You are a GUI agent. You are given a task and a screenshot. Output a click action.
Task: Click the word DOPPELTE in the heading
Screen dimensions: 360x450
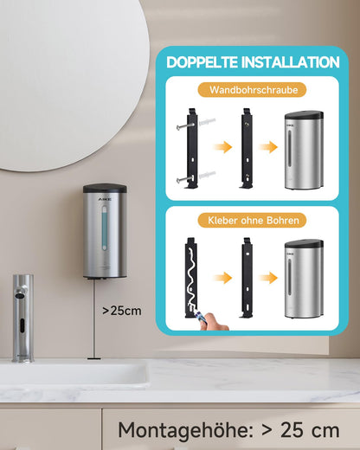click(x=202, y=62)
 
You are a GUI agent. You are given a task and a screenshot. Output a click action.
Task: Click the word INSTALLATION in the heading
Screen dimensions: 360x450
click(x=290, y=62)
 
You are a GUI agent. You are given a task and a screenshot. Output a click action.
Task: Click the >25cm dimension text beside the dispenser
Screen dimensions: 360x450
click(x=122, y=311)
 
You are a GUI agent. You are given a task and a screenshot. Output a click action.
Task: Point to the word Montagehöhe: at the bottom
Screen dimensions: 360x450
click(x=186, y=430)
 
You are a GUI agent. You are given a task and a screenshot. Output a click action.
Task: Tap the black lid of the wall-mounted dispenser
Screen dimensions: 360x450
click(x=105, y=189)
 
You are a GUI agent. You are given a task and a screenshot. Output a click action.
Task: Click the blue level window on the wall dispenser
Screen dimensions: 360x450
click(x=104, y=228)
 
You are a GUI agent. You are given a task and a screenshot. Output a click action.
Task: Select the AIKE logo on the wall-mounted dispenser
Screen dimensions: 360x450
click(x=105, y=199)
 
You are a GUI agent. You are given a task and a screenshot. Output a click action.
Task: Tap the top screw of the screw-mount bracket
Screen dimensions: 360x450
click(x=184, y=125)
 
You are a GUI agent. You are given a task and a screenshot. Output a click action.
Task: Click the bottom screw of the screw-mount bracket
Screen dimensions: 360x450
click(x=184, y=179)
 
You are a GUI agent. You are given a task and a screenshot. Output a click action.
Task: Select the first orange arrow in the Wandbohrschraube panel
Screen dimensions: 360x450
click(x=222, y=147)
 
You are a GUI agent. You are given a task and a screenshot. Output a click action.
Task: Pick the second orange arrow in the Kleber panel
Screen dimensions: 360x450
click(x=268, y=278)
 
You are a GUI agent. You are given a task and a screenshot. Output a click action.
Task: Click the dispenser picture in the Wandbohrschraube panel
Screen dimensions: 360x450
click(x=304, y=151)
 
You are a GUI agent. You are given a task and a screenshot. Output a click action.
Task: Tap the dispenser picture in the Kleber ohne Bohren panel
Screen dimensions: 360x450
click(x=304, y=279)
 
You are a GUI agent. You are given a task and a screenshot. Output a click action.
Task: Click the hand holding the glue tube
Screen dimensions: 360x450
click(x=215, y=322)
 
